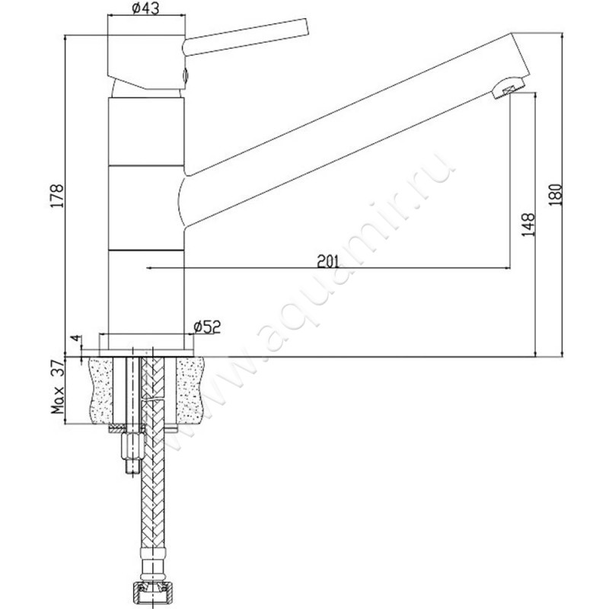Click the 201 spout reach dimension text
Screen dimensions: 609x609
[327, 260]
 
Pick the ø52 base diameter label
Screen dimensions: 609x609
[207, 327]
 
